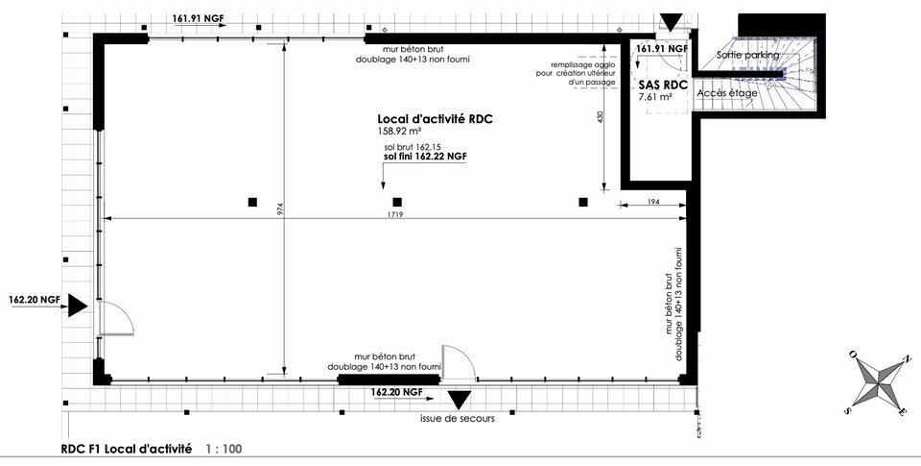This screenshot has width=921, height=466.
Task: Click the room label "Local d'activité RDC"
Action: click(435, 119)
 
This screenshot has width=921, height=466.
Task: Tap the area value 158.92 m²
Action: click(399, 131)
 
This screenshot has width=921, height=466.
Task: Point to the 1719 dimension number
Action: click(395, 215)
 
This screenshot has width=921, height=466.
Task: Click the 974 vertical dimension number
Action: click(281, 209)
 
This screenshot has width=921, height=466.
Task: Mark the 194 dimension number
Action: click(653, 202)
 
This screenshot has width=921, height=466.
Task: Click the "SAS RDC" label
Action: click(663, 86)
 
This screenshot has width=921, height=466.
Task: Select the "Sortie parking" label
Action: click(747, 55)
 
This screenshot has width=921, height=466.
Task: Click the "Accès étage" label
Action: click(726, 93)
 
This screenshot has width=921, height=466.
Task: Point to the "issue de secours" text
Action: click(458, 419)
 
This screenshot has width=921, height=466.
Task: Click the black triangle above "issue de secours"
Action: click(460, 400)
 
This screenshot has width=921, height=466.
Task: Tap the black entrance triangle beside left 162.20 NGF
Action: click(78, 306)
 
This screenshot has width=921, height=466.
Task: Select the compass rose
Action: click(880, 383)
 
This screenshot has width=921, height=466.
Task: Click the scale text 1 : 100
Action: click(224, 449)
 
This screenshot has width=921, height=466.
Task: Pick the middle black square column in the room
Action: click(397, 202)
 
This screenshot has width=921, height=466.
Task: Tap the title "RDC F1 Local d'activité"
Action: click(127, 449)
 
